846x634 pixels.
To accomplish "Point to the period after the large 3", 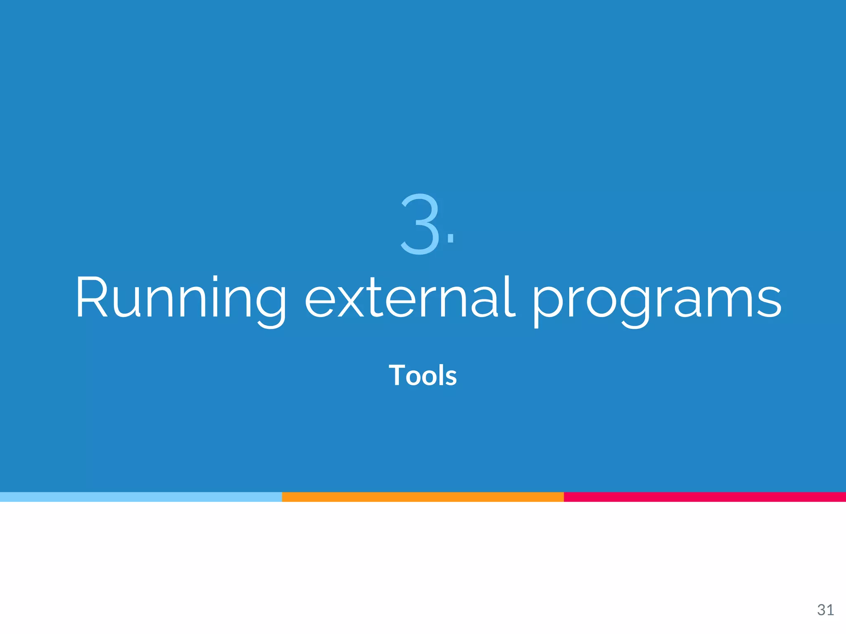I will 451,238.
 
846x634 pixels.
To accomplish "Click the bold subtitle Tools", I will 423,376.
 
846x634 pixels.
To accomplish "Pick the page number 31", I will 825,610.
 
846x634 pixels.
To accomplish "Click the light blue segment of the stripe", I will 141,497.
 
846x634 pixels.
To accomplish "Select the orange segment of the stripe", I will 423,497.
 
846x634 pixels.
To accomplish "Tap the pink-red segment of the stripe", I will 705,497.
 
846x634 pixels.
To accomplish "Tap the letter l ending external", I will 512,296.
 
